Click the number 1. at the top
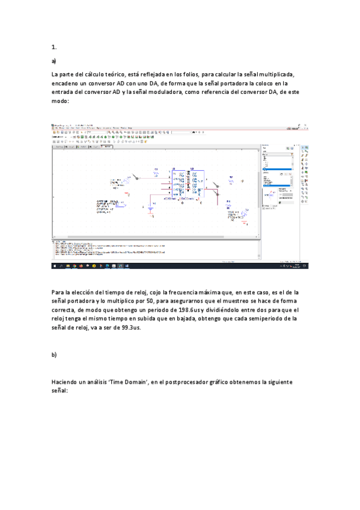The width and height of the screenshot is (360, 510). [x=54, y=47]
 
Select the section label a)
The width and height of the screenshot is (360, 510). [x=54, y=61]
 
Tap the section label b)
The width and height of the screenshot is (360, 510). [x=54, y=355]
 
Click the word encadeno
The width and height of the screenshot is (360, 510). [x=68, y=84]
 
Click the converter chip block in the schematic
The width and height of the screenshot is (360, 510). [x=182, y=183]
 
